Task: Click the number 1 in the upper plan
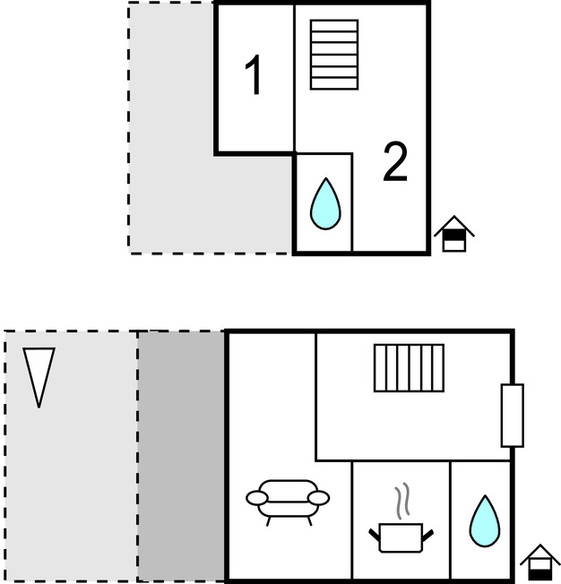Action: tap(255, 76)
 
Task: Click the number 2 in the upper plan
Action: tap(395, 162)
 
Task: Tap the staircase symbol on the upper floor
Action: tap(334, 55)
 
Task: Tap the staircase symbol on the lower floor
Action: tap(409, 368)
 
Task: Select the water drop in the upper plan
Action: tap(325, 204)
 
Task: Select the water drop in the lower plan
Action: tap(485, 521)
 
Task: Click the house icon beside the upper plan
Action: tap(454, 234)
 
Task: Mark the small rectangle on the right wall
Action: tap(512, 415)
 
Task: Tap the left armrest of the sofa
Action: tap(256, 497)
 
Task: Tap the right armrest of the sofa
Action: tap(319, 497)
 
